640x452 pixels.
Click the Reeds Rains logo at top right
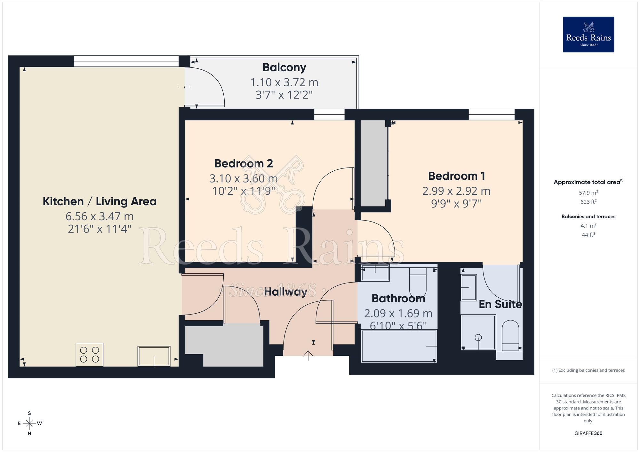588,35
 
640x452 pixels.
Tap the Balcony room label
284,67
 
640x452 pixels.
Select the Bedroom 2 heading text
243,163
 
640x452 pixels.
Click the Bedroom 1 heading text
456,176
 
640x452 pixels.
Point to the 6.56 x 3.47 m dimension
100,216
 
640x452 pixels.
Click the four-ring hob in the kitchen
89,355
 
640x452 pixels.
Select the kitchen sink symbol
154,356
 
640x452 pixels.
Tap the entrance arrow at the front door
308,355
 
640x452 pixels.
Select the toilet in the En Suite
510,336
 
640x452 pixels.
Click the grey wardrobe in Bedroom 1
373,163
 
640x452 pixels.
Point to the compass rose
29,424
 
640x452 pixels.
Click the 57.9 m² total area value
588,193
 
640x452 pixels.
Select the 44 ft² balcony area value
588,235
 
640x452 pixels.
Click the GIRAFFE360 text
588,433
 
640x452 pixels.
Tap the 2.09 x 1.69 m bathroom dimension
398,314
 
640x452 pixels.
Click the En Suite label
500,304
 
